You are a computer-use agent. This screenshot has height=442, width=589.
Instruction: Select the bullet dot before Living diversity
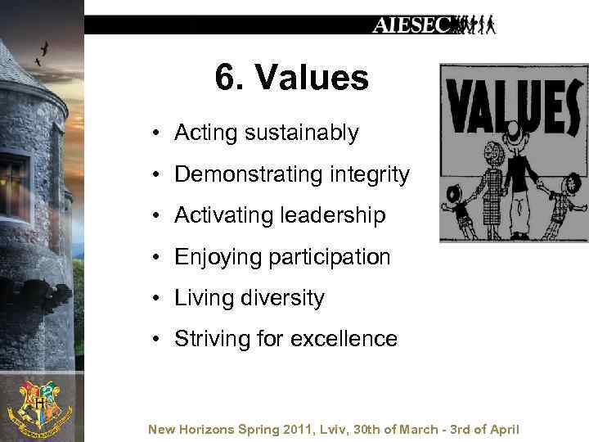coord(155,298)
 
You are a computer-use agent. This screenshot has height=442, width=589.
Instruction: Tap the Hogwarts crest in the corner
coord(38,407)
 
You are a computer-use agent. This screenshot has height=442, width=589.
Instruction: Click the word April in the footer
coord(504,429)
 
